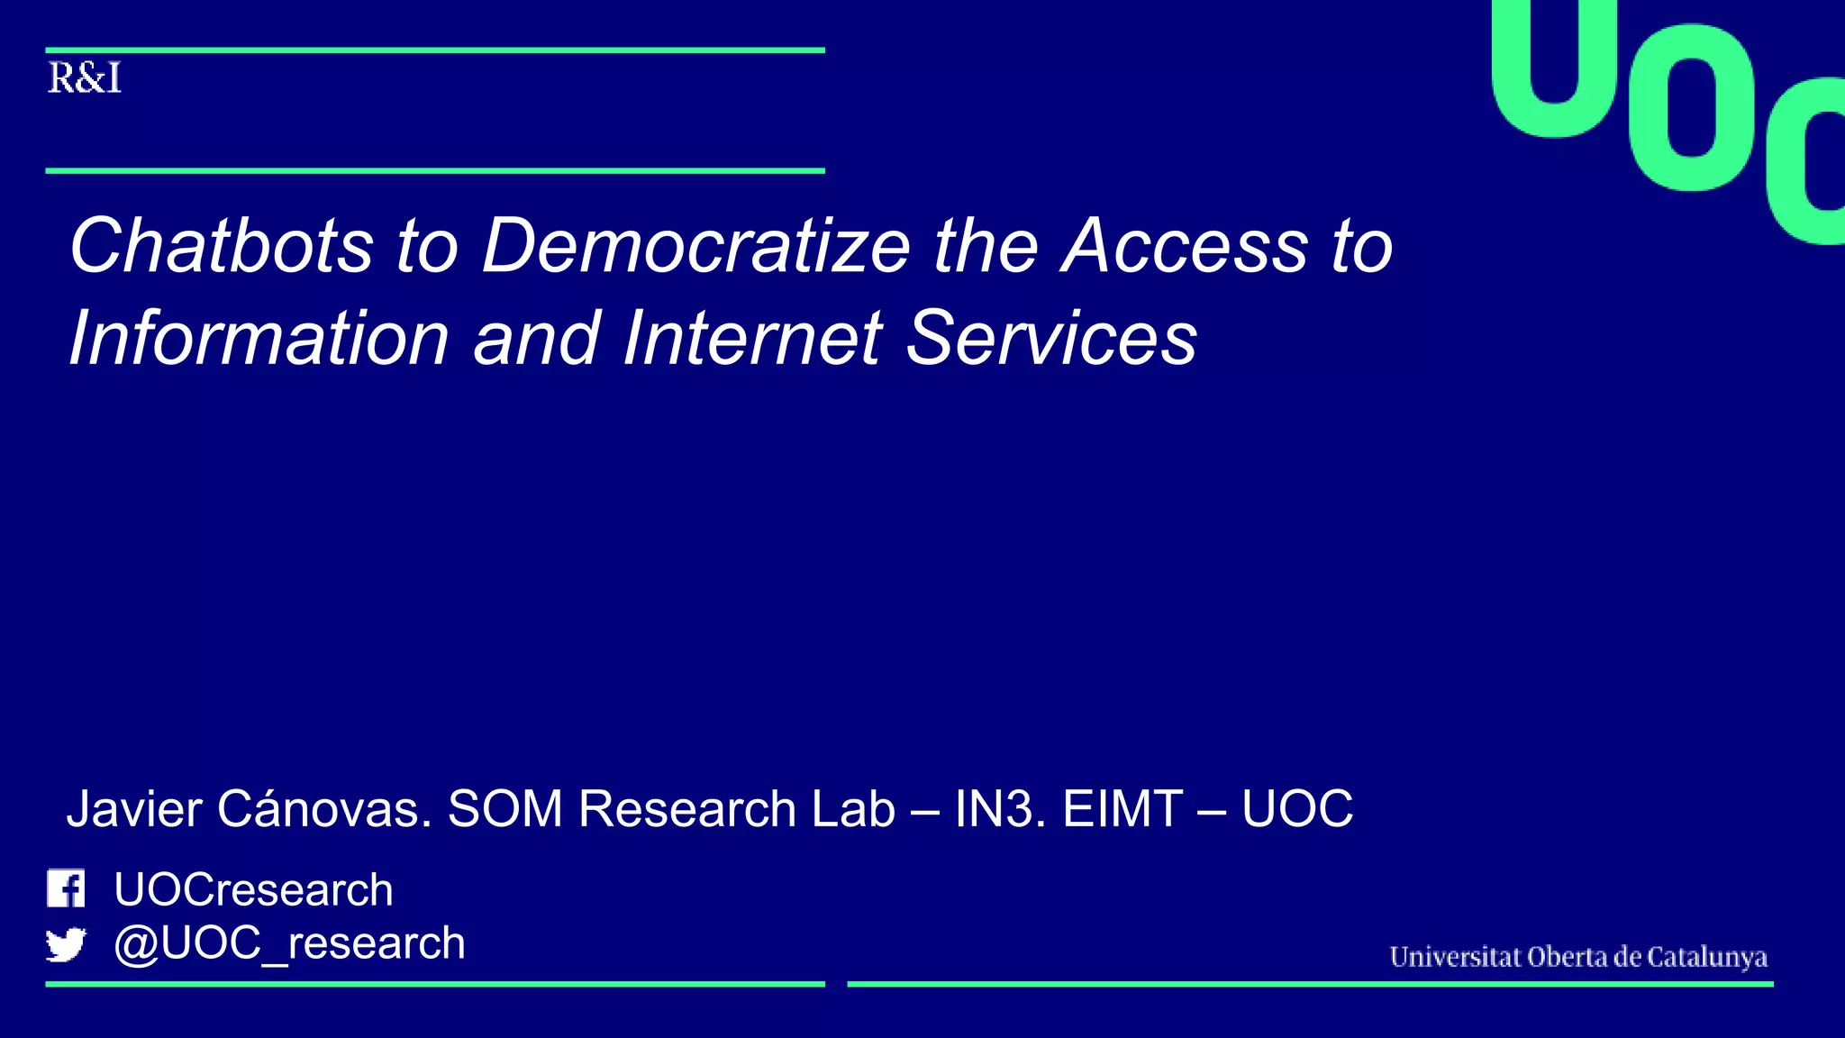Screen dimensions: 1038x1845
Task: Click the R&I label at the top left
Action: [84, 78]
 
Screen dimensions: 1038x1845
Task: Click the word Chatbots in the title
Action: [222, 245]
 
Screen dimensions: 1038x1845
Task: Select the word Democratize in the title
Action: [696, 245]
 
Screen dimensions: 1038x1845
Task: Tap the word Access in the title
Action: [1184, 245]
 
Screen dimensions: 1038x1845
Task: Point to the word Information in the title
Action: [259, 338]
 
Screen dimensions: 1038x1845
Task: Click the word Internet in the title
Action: [752, 338]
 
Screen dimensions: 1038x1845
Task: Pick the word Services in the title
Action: [1051, 338]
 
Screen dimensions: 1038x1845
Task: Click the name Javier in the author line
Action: [135, 808]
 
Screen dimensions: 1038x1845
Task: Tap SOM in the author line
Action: [505, 808]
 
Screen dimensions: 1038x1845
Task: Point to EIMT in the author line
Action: [1122, 808]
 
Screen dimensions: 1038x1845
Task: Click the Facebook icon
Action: [66, 888]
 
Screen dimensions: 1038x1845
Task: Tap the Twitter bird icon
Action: [66, 944]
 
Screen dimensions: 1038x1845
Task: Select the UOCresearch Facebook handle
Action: [253, 889]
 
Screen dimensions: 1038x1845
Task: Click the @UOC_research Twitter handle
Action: [289, 943]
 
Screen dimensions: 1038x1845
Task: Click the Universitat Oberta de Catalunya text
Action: [1578, 956]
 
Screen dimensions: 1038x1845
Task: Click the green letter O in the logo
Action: [1694, 108]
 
